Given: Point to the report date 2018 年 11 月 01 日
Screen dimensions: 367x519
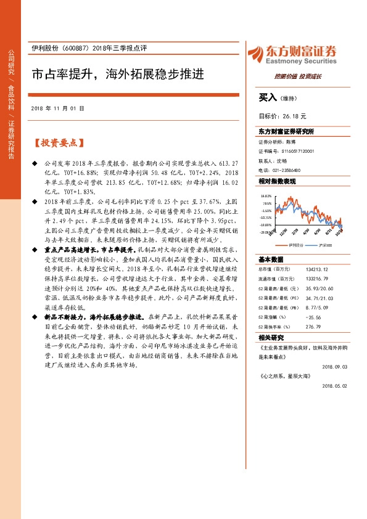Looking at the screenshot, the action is [57, 108].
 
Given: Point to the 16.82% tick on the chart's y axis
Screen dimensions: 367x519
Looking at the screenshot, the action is [266, 195].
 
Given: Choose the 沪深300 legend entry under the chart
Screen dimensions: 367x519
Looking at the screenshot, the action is [323, 245].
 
